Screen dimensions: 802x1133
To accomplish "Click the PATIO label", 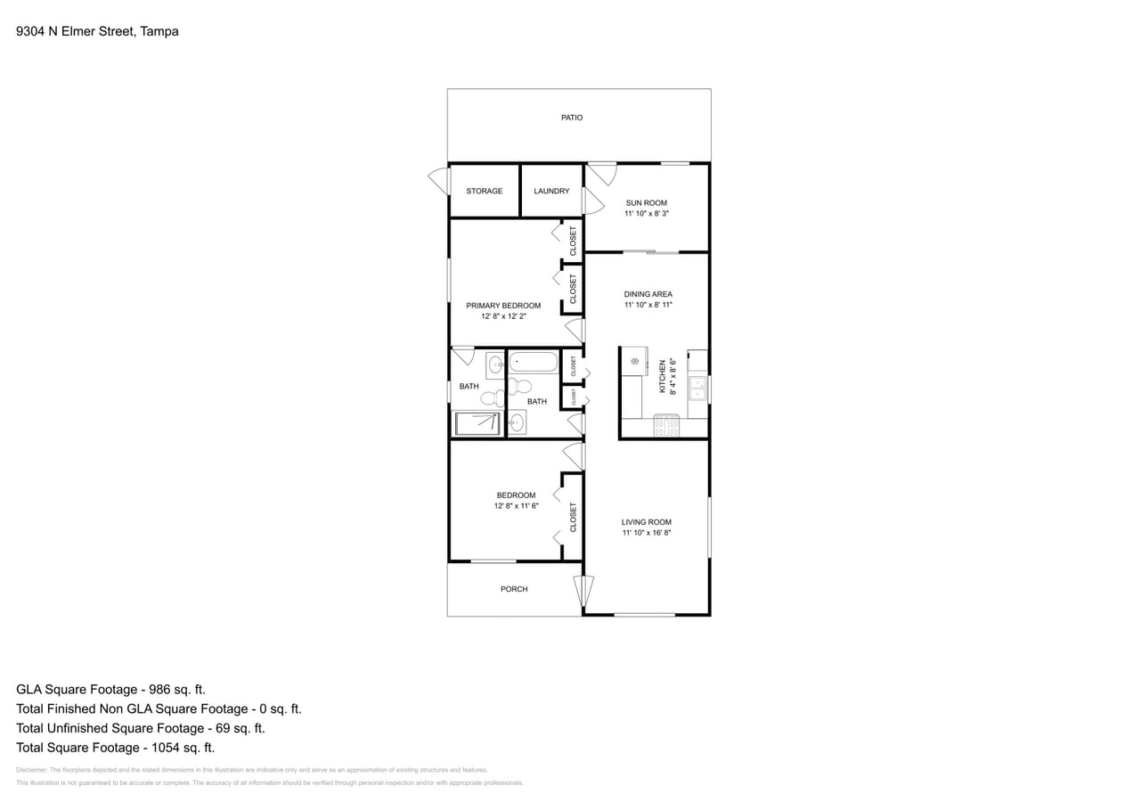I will tap(572, 118).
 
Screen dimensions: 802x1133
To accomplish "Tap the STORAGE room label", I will tap(484, 191).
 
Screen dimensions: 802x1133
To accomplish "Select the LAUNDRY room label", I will tap(551, 191).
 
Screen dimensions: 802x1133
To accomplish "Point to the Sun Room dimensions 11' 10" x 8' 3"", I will tap(646, 214).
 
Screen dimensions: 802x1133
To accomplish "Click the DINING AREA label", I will tap(648, 294).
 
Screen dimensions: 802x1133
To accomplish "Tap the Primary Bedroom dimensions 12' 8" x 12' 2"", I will tap(503, 315).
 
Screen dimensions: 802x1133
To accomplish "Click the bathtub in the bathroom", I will tap(534, 363).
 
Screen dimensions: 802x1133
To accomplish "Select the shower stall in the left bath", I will tap(477, 423).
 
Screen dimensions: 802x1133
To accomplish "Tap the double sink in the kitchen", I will tap(697, 389).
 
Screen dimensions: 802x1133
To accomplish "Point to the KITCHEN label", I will tap(662, 377).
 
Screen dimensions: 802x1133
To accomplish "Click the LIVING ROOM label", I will tap(646, 522).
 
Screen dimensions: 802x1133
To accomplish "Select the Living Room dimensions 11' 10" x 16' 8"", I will tap(646, 533).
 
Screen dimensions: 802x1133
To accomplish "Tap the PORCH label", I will tap(514, 589).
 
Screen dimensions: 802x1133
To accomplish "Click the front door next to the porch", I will tap(583, 591).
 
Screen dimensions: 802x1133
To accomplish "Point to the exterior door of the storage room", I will tap(439, 180).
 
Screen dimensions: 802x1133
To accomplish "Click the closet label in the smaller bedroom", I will tap(573, 517).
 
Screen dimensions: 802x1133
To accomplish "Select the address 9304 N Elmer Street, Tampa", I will tap(97, 31).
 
